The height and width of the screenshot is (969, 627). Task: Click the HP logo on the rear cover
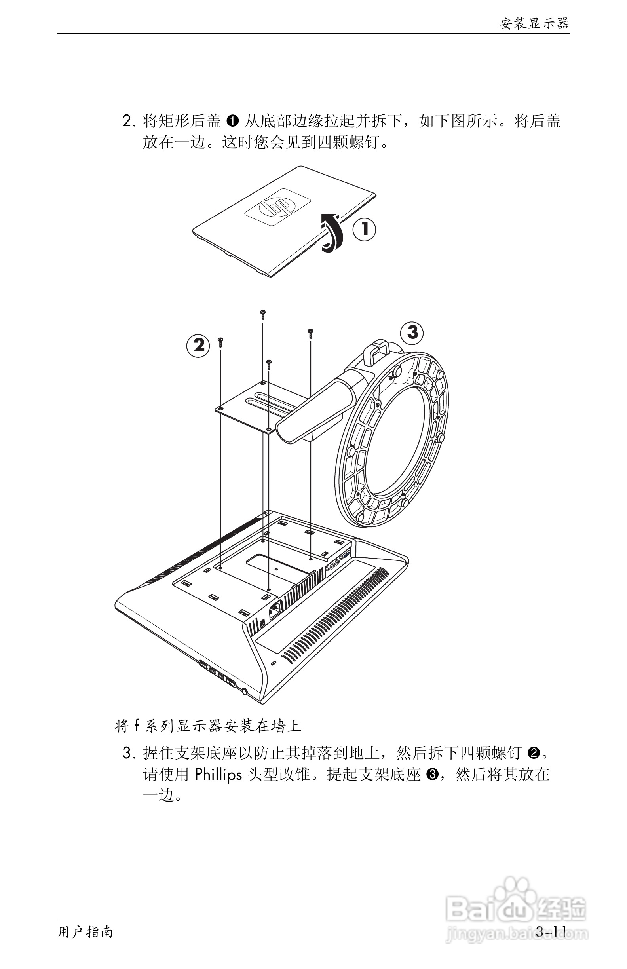(x=277, y=208)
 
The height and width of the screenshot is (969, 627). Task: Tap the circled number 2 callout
(x=198, y=346)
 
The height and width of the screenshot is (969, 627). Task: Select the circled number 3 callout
(x=412, y=332)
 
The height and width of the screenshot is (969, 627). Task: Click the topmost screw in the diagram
(x=262, y=314)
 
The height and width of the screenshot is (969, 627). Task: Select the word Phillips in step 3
(x=218, y=774)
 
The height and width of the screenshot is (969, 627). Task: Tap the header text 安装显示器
(x=534, y=24)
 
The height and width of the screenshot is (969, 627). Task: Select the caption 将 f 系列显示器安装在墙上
(x=208, y=726)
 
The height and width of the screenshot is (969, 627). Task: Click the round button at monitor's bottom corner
(x=245, y=691)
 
